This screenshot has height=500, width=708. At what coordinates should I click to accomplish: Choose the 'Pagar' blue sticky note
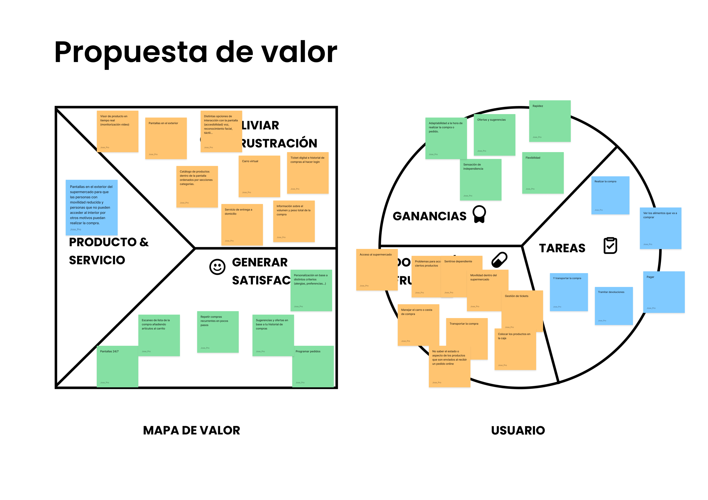(x=664, y=292)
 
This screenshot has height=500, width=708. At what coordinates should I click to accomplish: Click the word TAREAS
(x=562, y=248)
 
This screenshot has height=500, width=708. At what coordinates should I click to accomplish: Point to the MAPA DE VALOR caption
(x=192, y=430)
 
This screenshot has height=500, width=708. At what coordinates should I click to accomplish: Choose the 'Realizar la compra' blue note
(x=610, y=195)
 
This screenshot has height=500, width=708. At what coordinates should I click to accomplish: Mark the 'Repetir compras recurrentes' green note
(x=218, y=332)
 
